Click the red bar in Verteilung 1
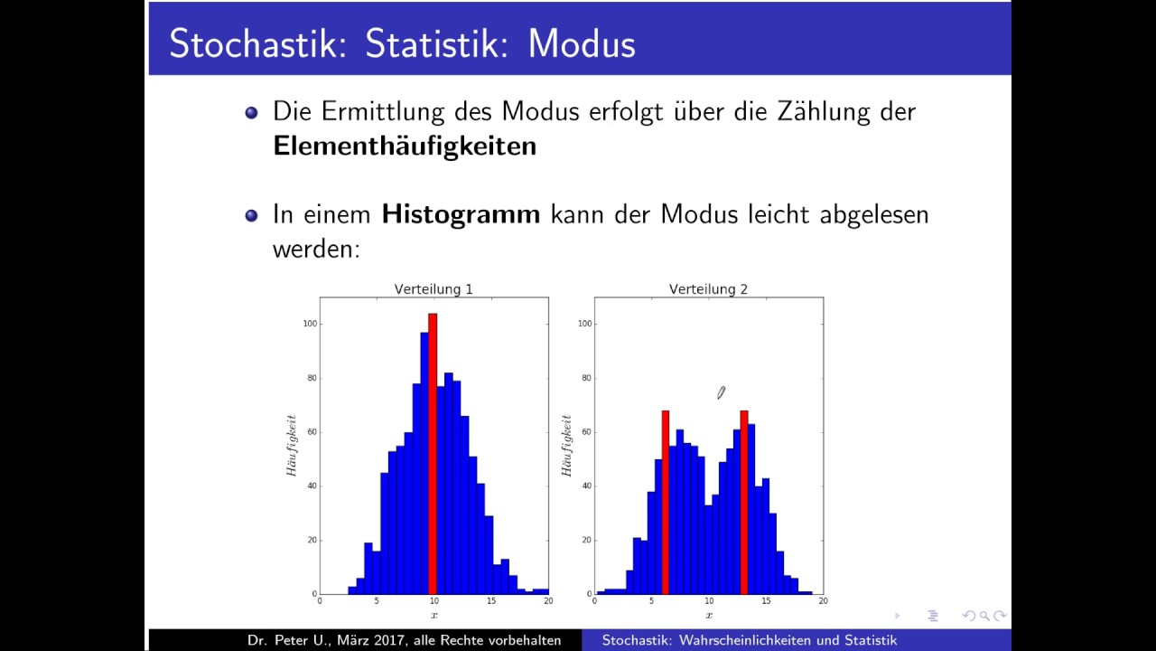tap(433, 452)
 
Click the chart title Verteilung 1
tap(433, 289)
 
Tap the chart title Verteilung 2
tap(708, 289)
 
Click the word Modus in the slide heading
tap(582, 44)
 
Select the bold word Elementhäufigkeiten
tap(405, 146)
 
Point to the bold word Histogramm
tap(461, 214)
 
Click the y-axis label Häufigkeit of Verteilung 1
tap(292, 446)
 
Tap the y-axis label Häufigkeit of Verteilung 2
tap(567, 446)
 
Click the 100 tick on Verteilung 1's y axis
tap(309, 324)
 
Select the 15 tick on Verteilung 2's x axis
tap(766, 601)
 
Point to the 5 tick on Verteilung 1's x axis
tap(377, 601)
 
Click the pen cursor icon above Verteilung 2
tap(721, 392)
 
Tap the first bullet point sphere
tap(252, 112)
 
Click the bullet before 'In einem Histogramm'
tap(252, 215)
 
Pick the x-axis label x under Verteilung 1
tap(433, 616)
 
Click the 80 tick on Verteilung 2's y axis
tap(586, 378)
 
